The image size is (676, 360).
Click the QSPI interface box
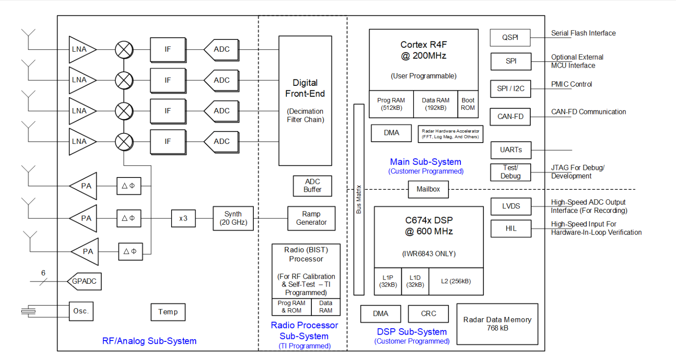(510, 38)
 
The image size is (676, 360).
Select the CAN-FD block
(510, 117)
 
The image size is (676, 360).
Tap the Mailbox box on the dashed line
(428, 189)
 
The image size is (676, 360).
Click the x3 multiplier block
(183, 218)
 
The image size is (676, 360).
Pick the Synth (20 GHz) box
(233, 218)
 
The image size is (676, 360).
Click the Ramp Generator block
(311, 218)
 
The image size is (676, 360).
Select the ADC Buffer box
(312, 186)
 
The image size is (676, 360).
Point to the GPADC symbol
(84, 281)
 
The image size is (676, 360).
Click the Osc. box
(81, 311)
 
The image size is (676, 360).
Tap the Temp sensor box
(168, 312)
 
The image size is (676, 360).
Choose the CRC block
(428, 314)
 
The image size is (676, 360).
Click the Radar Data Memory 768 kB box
(497, 324)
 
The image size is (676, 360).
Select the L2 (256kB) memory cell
(456, 281)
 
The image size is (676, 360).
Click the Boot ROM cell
(468, 104)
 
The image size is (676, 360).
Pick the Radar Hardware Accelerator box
(450, 134)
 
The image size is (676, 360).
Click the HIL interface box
(510, 228)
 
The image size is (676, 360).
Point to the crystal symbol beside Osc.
(28, 311)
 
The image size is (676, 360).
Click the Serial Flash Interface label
(583, 33)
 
